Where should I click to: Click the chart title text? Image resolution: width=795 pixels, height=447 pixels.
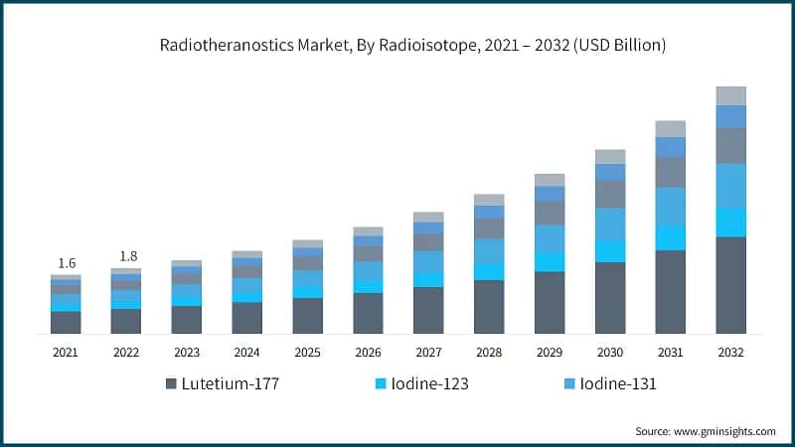pyautogui.click(x=412, y=46)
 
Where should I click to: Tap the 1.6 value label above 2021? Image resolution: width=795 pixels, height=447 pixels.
pyautogui.click(x=67, y=263)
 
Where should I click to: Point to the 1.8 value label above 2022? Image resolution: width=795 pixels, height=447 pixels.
pyautogui.click(x=126, y=256)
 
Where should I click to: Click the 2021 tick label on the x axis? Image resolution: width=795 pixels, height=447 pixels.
pyautogui.click(x=66, y=352)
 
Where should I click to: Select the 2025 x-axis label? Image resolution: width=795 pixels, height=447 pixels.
pyautogui.click(x=307, y=352)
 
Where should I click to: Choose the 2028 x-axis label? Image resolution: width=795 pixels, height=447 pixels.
pyautogui.click(x=489, y=352)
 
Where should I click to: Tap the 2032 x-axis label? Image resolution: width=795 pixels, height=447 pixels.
pyautogui.click(x=730, y=352)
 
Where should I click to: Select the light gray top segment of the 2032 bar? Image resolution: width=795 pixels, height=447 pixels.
pyautogui.click(x=730, y=95)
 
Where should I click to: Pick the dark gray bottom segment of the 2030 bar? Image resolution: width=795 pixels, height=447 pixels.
pyautogui.click(x=610, y=298)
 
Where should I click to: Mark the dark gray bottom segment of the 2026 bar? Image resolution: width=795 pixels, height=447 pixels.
pyautogui.click(x=368, y=313)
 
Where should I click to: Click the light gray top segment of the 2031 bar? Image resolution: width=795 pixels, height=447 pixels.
pyautogui.click(x=671, y=128)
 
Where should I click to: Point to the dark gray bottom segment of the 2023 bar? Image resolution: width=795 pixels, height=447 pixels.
pyautogui.click(x=187, y=320)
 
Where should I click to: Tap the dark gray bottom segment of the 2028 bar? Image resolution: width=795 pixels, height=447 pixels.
pyautogui.click(x=489, y=307)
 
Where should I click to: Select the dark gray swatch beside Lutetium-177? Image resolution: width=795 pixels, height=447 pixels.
pyautogui.click(x=171, y=383)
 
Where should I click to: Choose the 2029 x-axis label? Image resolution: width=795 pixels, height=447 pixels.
pyautogui.click(x=550, y=352)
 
